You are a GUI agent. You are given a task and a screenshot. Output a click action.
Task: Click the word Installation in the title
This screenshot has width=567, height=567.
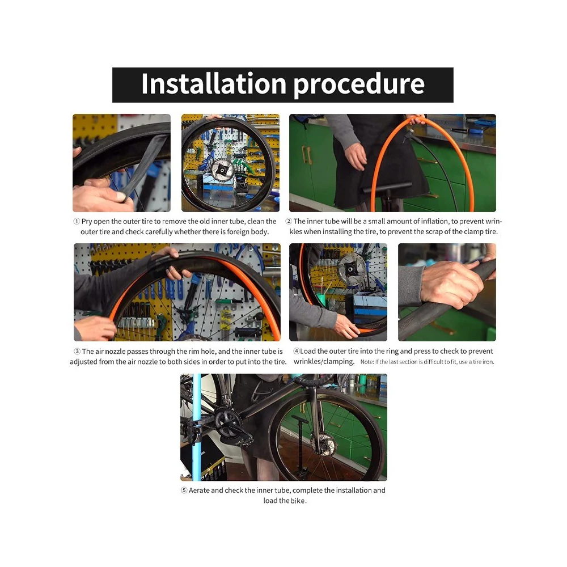213,84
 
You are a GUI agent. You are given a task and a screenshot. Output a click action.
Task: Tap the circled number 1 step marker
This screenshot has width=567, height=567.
77,221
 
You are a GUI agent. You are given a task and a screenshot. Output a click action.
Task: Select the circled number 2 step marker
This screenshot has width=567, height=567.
289,221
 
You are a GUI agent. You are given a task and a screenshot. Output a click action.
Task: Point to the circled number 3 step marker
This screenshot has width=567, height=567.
77,352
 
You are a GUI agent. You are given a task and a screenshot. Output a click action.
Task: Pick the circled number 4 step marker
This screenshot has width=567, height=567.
297,351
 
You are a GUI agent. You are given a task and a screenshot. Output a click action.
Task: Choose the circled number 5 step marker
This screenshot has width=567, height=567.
184,490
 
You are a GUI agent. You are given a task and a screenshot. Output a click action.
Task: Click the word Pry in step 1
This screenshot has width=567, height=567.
87,222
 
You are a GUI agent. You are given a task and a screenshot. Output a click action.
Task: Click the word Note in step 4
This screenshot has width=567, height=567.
367,362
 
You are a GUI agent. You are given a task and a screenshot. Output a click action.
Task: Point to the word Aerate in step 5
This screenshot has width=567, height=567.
199,490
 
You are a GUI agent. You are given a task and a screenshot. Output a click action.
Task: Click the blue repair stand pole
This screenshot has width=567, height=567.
197,427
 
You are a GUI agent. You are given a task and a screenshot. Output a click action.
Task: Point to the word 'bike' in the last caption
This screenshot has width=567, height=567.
298,501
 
